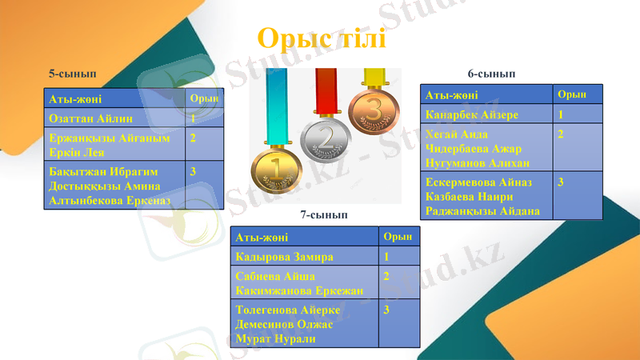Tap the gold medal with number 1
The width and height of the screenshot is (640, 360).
coord(276,168)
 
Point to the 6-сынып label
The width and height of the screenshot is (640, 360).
coord(491,74)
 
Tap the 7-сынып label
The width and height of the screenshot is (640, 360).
coord(323,214)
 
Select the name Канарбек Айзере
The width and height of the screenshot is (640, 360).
coord(472,114)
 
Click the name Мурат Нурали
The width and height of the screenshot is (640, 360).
coord(275,339)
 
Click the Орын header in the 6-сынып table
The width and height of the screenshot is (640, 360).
coord(571,94)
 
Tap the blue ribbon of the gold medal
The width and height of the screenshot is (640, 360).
coord(276,104)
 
